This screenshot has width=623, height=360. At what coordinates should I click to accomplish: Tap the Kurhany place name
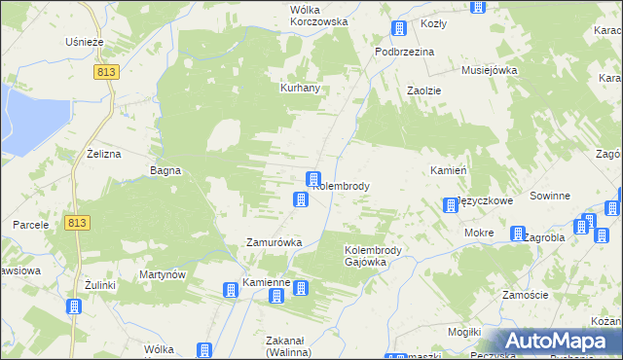tap(301, 88)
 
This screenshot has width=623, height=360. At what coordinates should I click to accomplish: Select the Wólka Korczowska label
tap(305, 16)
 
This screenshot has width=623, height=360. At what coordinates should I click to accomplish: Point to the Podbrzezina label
tap(404, 52)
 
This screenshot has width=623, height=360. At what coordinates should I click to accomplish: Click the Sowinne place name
tap(550, 196)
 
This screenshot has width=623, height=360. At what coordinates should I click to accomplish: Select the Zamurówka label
tap(274, 241)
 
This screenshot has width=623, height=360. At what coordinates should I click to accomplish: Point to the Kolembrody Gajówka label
tap(380, 256)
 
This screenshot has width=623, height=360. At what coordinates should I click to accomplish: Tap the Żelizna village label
tap(102, 154)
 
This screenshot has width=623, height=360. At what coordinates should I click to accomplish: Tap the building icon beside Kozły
tap(397, 29)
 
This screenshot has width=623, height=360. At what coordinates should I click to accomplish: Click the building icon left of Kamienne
tap(231, 289)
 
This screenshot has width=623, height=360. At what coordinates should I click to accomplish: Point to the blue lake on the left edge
tap(19, 112)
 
